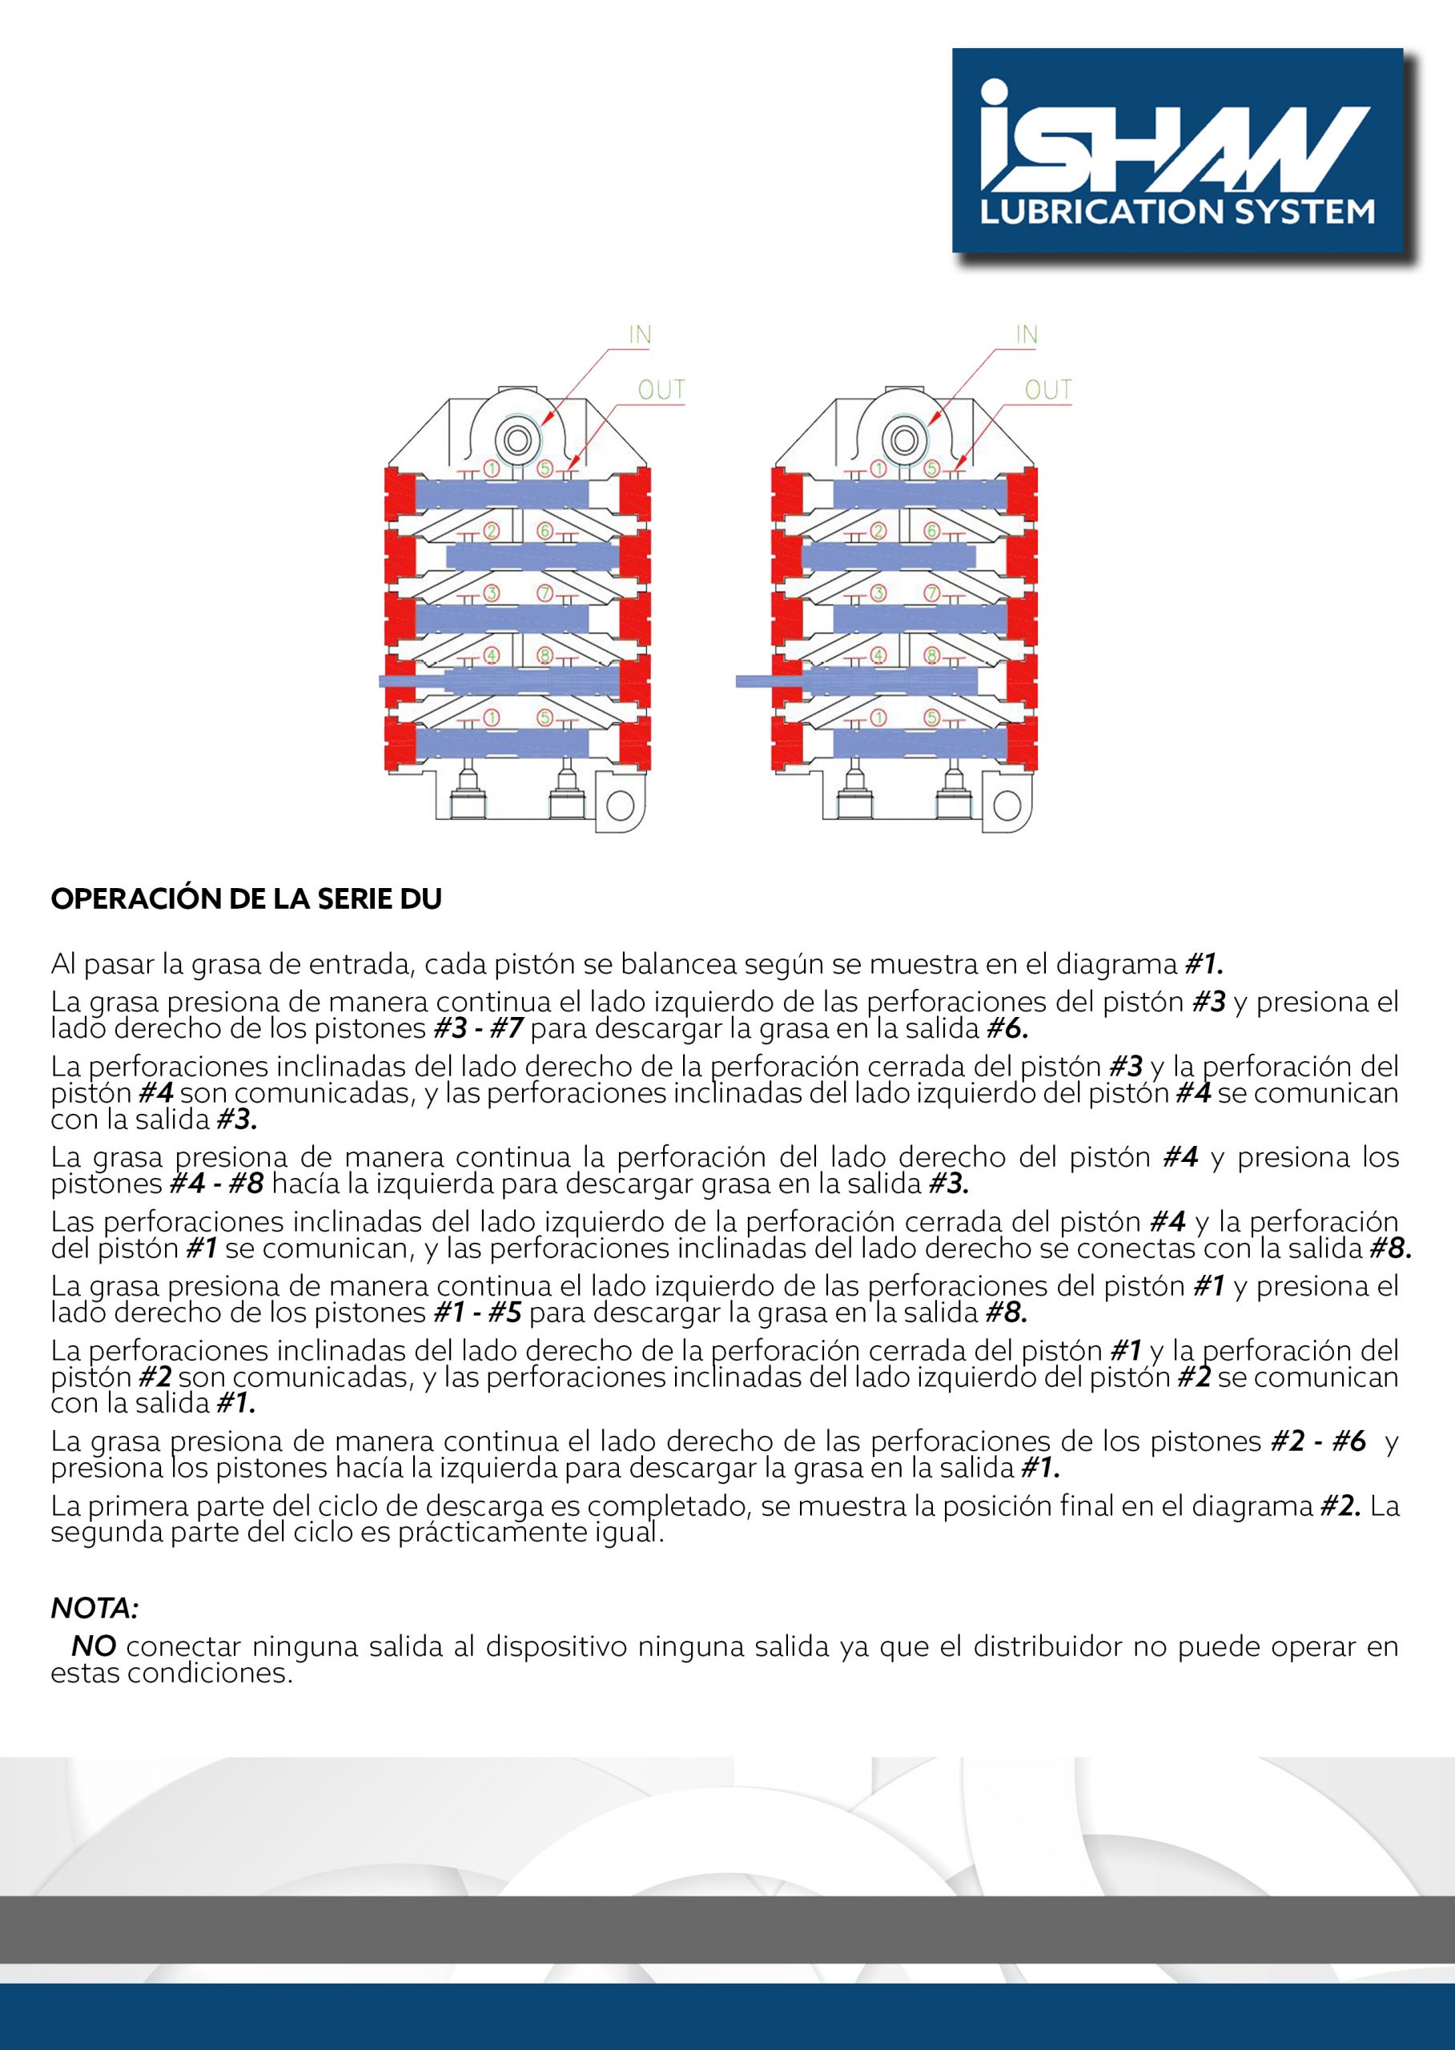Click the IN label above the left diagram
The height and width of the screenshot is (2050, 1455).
pos(640,335)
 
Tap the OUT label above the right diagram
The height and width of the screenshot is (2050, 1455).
pos(1048,390)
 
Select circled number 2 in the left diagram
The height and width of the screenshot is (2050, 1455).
pos(491,531)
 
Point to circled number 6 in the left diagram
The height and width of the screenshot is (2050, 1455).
pos(545,531)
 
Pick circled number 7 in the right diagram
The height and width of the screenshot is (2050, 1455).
pos(932,593)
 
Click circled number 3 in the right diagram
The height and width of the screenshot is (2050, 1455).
pos(878,593)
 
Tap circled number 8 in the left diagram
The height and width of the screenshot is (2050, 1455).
pos(545,655)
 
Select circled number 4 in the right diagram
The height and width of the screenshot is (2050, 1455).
pos(878,655)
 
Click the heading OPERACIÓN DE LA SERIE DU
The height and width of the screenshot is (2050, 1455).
pos(247,899)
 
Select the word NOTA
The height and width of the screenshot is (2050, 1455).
pos(94,1608)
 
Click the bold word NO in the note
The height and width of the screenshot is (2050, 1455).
pos(94,1647)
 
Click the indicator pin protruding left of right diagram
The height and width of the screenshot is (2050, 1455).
pos(767,681)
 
